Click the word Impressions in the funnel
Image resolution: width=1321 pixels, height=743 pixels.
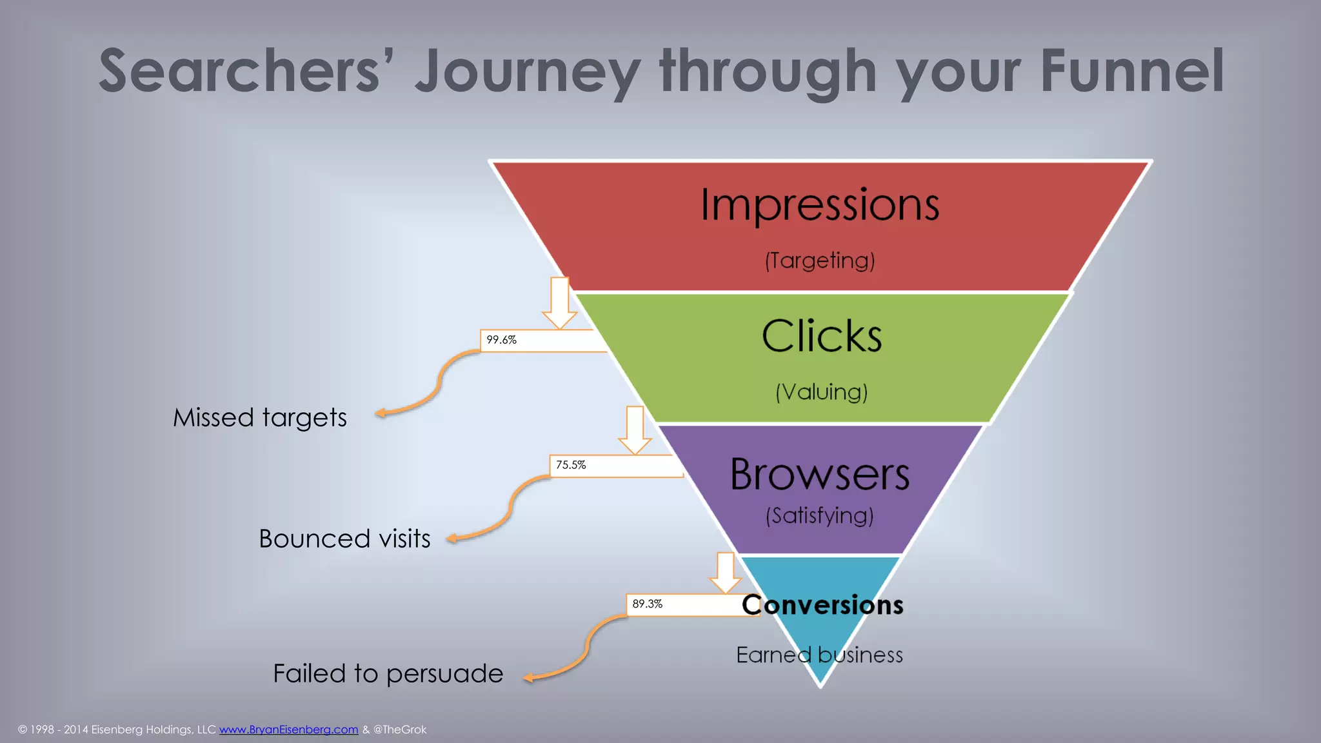pos(820,205)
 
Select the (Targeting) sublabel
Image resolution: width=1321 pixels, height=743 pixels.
pos(820,261)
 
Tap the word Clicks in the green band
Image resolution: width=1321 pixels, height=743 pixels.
pos(822,336)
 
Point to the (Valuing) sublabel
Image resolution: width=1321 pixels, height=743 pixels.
pos(822,392)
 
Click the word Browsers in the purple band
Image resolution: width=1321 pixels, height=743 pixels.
pos(820,475)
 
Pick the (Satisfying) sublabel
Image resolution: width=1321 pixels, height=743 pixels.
pos(820,516)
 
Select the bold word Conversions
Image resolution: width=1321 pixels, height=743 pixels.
pos(822,605)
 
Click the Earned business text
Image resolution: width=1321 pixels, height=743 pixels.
pos(819,655)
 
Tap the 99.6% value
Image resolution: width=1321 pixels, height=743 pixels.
pos(502,340)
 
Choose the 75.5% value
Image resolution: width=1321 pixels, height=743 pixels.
pos(571,465)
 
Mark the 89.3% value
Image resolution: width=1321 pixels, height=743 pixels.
pos(647,604)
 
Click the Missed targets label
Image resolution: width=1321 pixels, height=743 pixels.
pos(260,418)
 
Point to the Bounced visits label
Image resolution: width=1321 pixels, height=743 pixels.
pos(344,539)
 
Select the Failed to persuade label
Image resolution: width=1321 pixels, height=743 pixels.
pos(388,674)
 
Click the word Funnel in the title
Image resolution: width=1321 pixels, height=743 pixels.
pos(1132,71)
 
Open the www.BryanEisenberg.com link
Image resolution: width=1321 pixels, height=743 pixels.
pos(288,729)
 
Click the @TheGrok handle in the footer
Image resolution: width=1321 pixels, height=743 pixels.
pos(400,729)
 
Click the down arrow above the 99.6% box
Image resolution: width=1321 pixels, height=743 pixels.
pos(559,303)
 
